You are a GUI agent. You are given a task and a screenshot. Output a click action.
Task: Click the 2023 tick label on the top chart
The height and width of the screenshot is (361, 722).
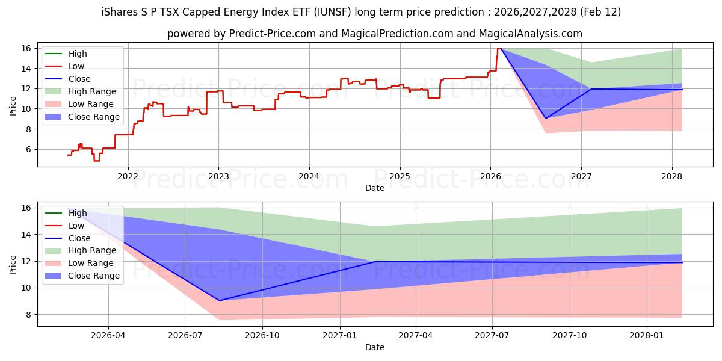[218, 176]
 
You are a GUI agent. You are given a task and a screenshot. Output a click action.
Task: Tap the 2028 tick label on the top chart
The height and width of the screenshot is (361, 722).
[672, 176]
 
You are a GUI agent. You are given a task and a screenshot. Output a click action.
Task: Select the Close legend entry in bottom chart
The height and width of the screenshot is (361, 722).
[79, 238]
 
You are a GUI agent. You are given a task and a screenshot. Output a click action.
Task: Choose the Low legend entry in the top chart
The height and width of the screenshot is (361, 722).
[76, 66]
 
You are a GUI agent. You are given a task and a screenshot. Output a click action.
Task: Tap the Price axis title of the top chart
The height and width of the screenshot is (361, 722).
[13, 106]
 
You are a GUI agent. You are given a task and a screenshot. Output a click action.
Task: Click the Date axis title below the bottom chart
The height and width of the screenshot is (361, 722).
[375, 347]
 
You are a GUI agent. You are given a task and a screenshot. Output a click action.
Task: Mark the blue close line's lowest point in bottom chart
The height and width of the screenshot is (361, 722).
[219, 301]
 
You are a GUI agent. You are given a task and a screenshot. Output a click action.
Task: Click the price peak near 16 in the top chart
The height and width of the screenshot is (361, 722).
[499, 48]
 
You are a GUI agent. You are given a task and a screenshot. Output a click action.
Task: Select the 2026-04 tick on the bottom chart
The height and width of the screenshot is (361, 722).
[108, 336]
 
